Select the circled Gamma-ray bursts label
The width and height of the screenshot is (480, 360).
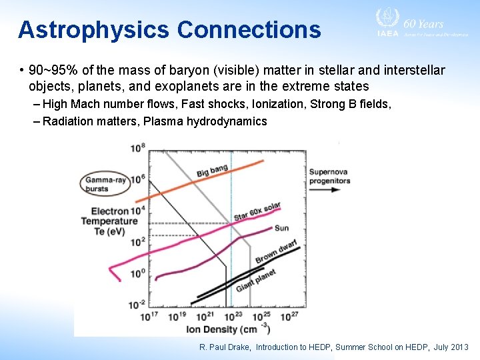(x=105, y=184)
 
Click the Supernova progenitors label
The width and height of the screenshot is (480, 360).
(x=329, y=176)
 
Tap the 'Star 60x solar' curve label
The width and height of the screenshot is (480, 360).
(x=257, y=212)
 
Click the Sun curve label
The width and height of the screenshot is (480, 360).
(x=281, y=228)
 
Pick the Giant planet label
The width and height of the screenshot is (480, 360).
(x=255, y=280)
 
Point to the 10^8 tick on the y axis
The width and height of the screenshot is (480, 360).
(x=139, y=148)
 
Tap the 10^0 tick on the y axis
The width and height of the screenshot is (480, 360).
(x=139, y=273)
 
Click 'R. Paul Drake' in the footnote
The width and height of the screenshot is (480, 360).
(x=225, y=347)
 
